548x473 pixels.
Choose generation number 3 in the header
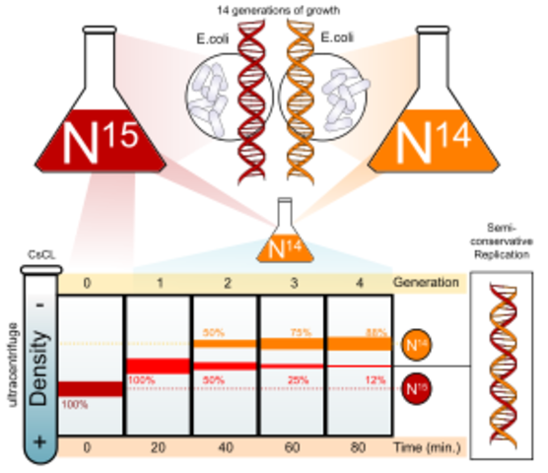[291, 282]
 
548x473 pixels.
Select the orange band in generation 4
[358, 343]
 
